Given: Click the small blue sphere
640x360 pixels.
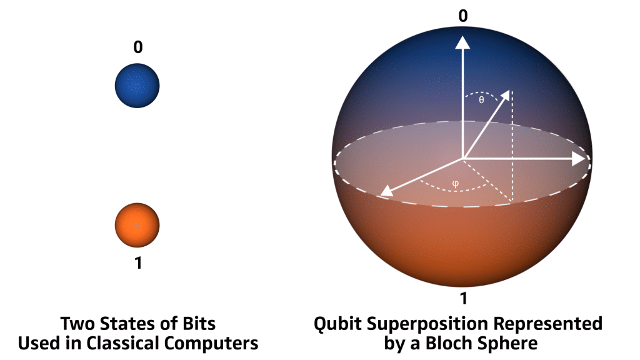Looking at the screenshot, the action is (137, 86).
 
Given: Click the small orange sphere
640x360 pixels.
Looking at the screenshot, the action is (137, 225).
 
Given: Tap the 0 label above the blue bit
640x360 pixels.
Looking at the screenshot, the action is (138, 47).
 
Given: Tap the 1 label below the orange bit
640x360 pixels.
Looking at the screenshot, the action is (138, 263).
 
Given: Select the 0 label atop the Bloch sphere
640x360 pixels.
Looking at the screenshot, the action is (463, 16).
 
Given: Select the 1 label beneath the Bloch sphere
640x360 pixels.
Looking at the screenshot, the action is (463, 299).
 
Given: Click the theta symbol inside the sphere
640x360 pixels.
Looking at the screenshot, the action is (482, 100).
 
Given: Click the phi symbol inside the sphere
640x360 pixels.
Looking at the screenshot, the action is (456, 184).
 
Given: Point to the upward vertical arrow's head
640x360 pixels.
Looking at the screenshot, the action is (462, 42).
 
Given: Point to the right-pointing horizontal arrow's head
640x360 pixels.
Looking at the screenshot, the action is (579, 159).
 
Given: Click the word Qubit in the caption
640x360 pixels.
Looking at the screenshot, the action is (337, 324).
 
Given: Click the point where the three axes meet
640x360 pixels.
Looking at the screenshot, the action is (463, 158).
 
